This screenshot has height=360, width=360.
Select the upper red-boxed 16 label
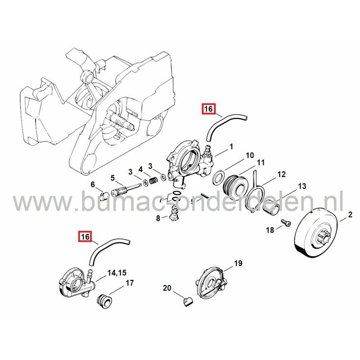coord(207,110)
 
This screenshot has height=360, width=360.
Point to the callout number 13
coord(302,186)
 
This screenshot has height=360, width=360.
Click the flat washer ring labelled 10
coord(219,178)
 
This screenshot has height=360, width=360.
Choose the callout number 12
coord(281,174)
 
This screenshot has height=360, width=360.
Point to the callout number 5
coord(112,178)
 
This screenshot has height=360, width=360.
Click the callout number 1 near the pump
coord(231,147)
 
